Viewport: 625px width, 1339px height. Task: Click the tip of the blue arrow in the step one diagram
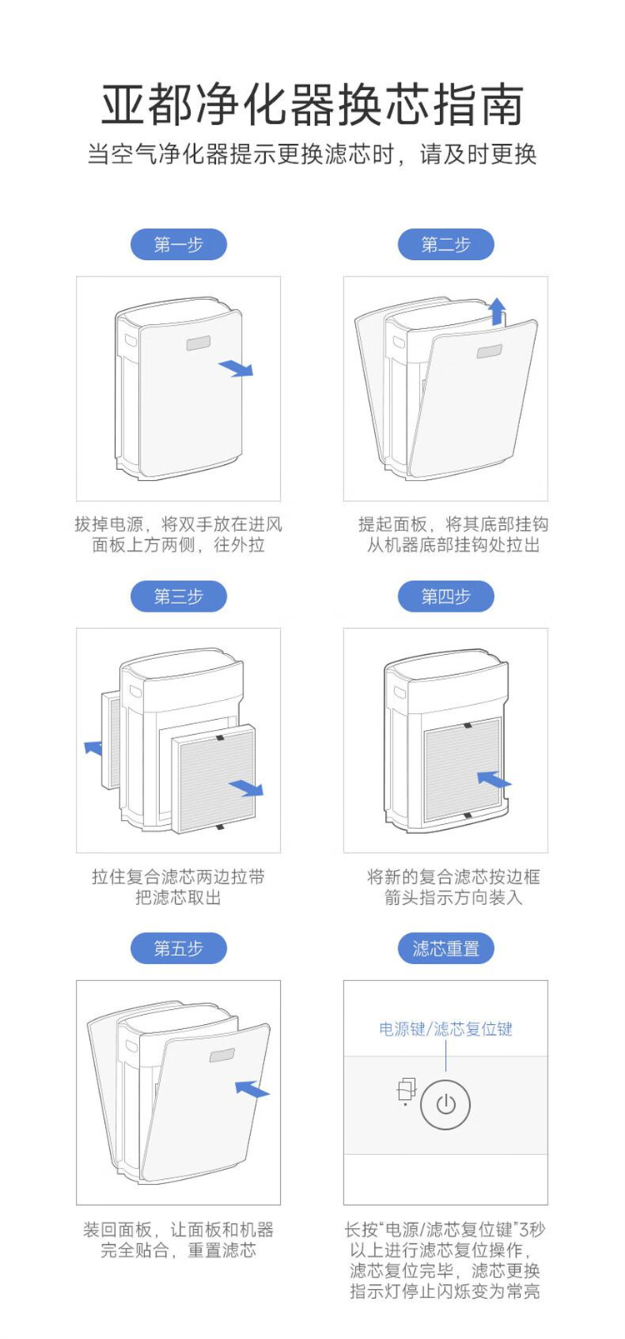click(x=253, y=375)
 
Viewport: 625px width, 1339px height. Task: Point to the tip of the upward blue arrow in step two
click(x=496, y=298)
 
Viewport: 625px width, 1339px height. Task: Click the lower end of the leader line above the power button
click(x=446, y=1071)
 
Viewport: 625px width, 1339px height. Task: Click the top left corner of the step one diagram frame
click(x=76, y=276)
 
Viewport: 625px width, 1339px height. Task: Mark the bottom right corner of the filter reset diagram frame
click(x=547, y=1205)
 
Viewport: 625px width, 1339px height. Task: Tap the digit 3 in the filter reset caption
click(x=524, y=1230)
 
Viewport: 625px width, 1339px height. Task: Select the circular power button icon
click(x=446, y=1104)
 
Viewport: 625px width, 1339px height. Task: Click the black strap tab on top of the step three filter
click(x=220, y=737)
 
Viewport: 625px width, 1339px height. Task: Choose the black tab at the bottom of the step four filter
click(x=467, y=816)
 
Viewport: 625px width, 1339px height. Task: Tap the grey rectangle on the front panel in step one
click(x=198, y=343)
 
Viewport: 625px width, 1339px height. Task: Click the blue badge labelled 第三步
click(x=179, y=596)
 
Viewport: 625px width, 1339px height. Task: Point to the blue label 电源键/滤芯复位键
click(x=446, y=1029)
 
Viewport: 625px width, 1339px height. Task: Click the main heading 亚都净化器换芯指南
click(x=312, y=104)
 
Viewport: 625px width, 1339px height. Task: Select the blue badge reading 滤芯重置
click(x=446, y=948)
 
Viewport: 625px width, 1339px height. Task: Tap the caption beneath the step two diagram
click(x=452, y=534)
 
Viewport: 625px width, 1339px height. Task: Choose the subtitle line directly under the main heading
click(x=312, y=154)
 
